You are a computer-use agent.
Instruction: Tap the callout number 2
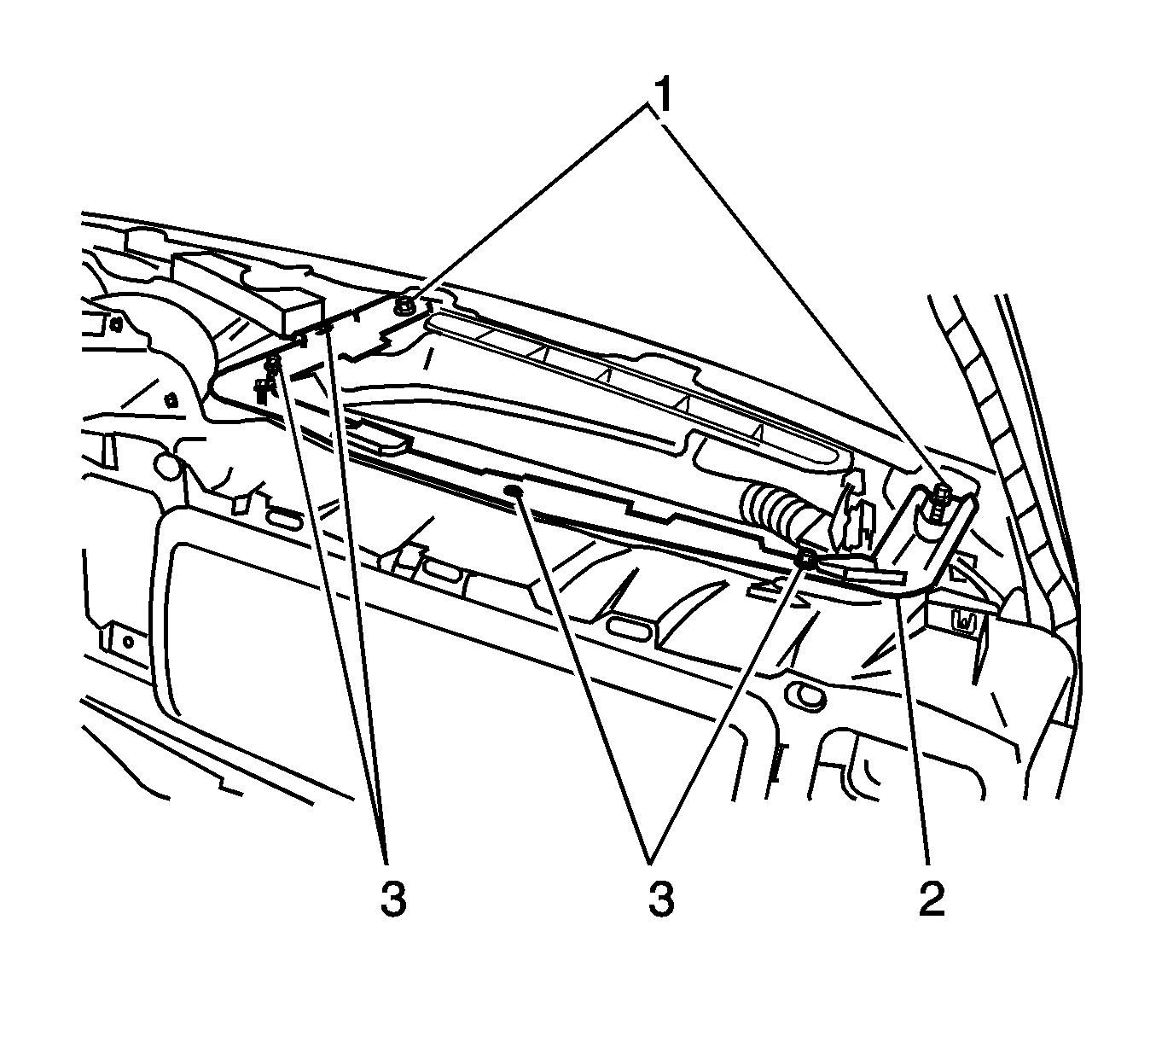pyautogui.click(x=932, y=898)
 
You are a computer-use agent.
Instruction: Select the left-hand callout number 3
pyautogui.click(x=392, y=898)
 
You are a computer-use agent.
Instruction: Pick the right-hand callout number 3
pyautogui.click(x=660, y=898)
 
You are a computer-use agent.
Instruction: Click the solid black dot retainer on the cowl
pyautogui.click(x=513, y=490)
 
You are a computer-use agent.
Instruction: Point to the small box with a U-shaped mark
pyautogui.click(x=961, y=621)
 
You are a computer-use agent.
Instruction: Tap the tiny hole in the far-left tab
pyautogui.click(x=127, y=640)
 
